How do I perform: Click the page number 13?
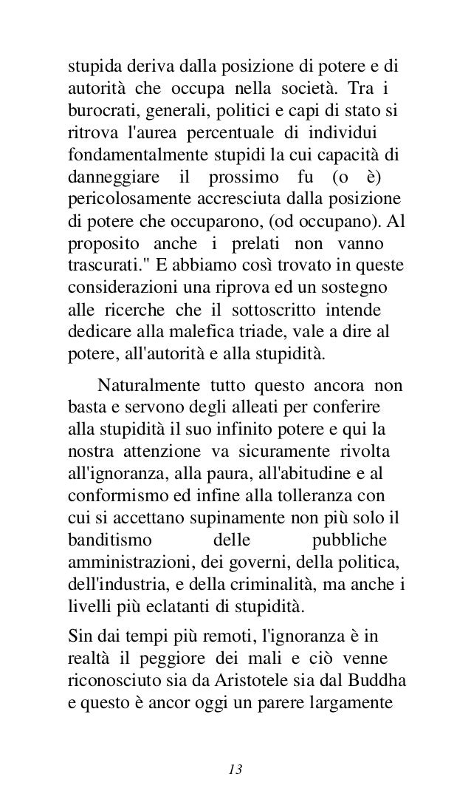click(235, 749)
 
